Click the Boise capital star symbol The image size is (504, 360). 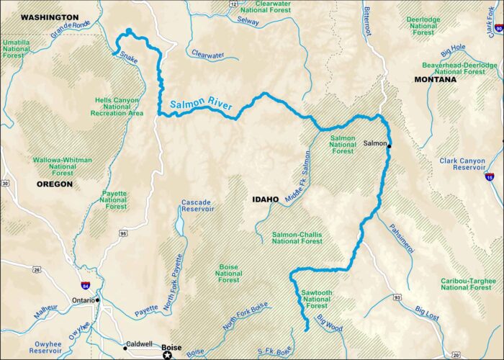[168, 355]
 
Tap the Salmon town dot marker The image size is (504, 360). [389, 146]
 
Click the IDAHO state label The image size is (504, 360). [266, 199]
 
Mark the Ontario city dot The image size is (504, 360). [97, 300]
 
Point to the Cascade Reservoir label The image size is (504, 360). [197, 205]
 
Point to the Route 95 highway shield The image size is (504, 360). [123, 233]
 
